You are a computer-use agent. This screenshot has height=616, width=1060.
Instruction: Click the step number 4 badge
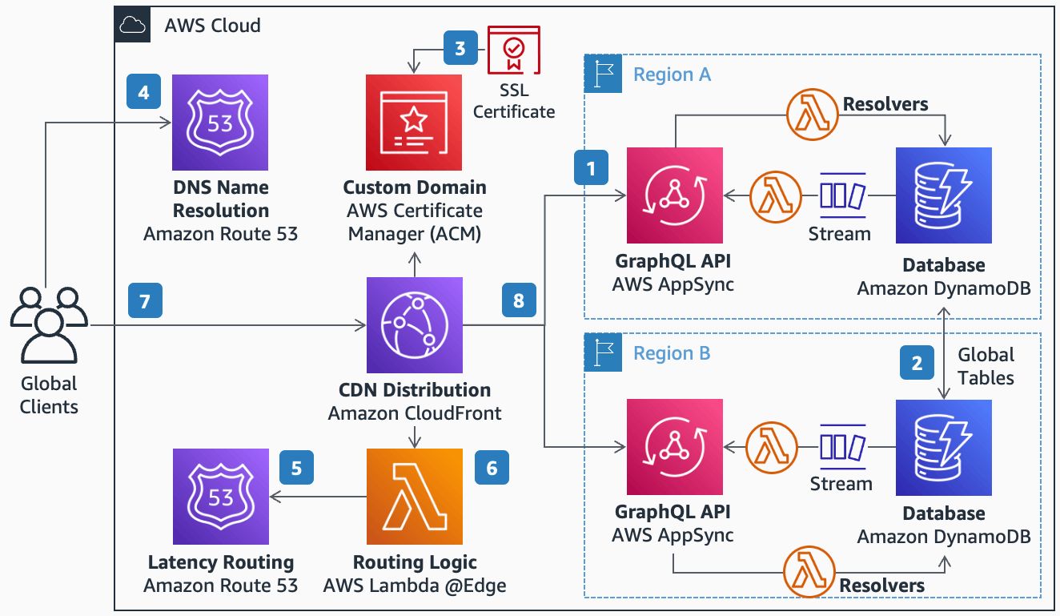143,92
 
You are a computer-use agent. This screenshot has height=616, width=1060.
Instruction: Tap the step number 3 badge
460,48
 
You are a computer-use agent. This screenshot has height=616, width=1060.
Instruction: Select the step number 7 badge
144,302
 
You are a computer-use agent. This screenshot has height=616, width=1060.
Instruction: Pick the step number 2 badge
917,363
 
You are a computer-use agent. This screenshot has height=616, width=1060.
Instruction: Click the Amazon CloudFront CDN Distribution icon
414,325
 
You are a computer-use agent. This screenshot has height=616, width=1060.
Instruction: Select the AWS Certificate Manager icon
414,123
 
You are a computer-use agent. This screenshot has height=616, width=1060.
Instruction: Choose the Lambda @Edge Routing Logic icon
414,497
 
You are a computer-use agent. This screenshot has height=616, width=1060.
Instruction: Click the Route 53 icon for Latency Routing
221,497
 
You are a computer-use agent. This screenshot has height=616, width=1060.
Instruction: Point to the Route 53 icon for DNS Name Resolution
221,123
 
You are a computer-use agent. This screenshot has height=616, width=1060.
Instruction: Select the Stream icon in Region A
842,195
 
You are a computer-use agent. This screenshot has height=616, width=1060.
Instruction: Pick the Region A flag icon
603,74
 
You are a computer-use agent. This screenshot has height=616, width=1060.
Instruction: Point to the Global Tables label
986,366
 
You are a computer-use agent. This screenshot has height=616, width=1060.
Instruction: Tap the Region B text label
672,353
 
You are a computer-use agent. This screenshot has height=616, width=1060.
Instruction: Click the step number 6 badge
492,468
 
